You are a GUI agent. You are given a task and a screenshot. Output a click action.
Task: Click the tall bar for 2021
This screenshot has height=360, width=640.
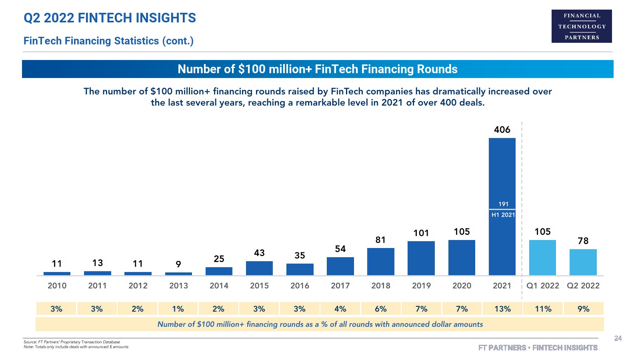502,172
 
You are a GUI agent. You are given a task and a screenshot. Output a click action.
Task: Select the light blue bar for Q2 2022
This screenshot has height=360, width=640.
583,262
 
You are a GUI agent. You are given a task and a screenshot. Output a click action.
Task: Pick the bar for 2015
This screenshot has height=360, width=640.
259,268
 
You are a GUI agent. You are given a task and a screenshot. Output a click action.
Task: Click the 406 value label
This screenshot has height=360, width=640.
502,130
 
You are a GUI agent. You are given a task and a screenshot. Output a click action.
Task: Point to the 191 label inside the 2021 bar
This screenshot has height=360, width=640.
503,204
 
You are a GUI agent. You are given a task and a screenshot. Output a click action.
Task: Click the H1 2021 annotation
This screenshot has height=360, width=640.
503,215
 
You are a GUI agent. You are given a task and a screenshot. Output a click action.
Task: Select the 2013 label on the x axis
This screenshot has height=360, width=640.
178,286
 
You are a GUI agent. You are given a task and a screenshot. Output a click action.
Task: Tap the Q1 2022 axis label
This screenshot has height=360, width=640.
542,286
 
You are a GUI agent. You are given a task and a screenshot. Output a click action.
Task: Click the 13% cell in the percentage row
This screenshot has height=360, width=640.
502,309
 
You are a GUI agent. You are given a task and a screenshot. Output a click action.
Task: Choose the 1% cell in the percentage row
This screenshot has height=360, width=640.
178,309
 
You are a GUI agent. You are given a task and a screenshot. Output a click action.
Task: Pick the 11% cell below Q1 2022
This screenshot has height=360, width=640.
543,309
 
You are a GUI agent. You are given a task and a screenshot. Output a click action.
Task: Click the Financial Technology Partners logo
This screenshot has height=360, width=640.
582,26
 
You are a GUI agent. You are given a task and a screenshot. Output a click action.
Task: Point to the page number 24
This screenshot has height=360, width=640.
618,338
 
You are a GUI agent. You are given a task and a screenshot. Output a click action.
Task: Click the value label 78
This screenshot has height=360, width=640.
583,241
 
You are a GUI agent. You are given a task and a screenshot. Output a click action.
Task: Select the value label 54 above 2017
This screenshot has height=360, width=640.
340,249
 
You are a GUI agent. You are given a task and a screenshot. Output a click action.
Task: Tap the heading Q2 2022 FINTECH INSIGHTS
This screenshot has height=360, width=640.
110,18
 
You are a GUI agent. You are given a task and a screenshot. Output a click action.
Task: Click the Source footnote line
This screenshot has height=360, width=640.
72,342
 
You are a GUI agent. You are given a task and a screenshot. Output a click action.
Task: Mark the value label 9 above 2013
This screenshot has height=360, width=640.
178,264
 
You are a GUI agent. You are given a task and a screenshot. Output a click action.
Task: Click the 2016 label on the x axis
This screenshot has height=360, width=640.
300,286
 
